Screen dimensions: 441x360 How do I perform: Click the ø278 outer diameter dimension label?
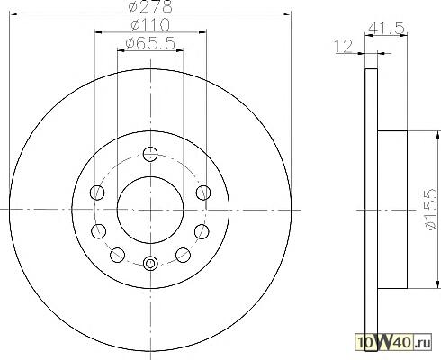[x=150, y=6]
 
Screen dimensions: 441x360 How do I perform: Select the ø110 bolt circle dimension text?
[x=150, y=25]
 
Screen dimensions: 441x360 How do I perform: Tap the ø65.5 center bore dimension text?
[x=150, y=43]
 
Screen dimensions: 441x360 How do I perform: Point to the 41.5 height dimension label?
[x=387, y=28]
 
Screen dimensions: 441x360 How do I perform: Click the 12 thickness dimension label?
[x=343, y=47]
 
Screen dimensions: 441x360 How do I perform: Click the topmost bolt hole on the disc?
[x=150, y=154]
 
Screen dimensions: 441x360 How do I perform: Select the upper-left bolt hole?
[x=97, y=193]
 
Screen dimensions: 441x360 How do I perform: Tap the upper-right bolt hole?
[x=203, y=193]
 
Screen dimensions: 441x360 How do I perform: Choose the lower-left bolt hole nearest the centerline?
[x=99, y=231]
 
